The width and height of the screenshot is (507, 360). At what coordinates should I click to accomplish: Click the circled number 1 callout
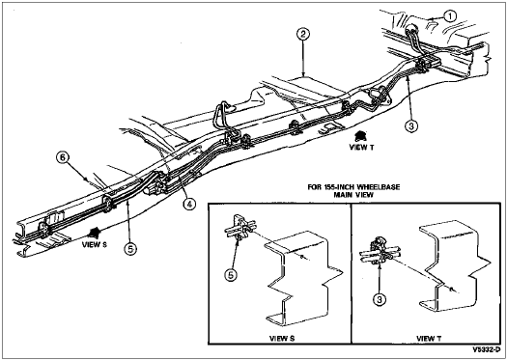(451, 15)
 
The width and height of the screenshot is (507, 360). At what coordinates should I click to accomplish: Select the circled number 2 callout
(304, 34)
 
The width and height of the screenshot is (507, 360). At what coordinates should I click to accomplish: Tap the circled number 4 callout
(189, 204)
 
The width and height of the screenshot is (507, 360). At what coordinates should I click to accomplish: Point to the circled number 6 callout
(62, 157)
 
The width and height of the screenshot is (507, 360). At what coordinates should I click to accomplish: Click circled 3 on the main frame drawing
(411, 126)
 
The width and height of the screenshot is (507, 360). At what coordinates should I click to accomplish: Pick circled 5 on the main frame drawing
(131, 248)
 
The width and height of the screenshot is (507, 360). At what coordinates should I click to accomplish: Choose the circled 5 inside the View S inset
(232, 274)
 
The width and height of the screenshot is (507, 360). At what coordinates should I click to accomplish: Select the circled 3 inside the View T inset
(380, 299)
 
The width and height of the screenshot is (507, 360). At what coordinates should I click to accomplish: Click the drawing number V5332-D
(487, 349)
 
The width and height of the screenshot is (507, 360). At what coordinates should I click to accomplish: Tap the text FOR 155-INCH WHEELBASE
(353, 187)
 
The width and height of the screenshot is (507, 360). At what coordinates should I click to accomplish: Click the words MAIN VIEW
(354, 195)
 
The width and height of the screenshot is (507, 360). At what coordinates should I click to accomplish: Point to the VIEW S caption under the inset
(282, 339)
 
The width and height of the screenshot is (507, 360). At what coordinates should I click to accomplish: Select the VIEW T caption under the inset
(429, 339)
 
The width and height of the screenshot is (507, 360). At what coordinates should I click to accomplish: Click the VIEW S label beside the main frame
(94, 244)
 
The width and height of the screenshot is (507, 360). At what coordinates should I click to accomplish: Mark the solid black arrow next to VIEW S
(95, 233)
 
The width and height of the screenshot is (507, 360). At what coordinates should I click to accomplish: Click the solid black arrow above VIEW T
(359, 136)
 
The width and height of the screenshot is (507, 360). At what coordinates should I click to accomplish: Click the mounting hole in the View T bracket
(451, 288)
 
